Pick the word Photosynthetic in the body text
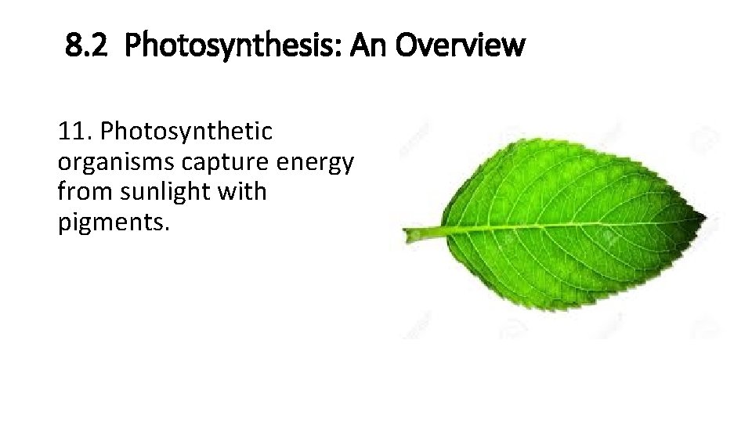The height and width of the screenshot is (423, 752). click(187, 131)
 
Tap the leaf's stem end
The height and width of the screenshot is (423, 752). click(409, 233)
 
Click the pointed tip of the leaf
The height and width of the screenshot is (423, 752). click(703, 217)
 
